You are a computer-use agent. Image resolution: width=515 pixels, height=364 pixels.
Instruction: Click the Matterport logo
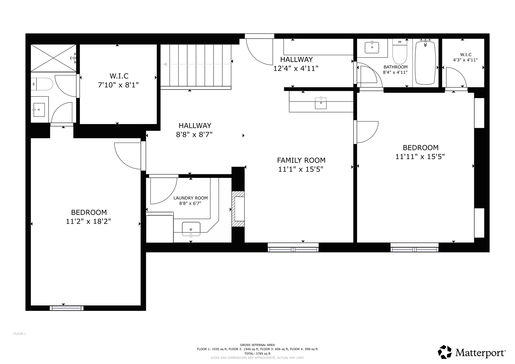click(x=472, y=352)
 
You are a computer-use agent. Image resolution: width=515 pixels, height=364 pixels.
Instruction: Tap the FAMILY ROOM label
click(x=301, y=160)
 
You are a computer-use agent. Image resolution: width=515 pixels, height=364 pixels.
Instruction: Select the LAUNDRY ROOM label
click(x=190, y=198)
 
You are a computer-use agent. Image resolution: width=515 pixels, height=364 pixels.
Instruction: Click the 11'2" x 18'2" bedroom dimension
click(x=89, y=221)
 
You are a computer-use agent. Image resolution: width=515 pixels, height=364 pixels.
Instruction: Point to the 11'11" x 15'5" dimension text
click(x=420, y=157)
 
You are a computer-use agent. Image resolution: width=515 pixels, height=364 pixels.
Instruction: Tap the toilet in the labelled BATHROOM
click(x=400, y=51)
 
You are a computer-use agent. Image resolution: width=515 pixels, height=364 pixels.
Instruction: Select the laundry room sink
click(x=191, y=229)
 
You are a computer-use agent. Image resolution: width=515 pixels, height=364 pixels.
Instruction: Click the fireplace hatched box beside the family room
click(x=238, y=209)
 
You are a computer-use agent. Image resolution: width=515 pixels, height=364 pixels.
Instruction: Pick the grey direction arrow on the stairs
click(x=198, y=64)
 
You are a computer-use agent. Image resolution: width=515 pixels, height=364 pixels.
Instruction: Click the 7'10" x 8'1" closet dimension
click(x=118, y=85)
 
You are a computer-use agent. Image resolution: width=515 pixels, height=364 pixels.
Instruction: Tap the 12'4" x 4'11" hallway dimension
click(x=296, y=68)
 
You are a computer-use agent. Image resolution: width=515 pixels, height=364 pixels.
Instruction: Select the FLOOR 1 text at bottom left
click(x=20, y=334)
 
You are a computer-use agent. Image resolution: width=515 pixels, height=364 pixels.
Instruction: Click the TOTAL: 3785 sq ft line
click(x=257, y=354)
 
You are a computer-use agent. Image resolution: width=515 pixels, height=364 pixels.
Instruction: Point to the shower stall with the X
click(x=53, y=58)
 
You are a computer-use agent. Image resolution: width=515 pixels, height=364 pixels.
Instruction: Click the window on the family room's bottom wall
click(x=293, y=248)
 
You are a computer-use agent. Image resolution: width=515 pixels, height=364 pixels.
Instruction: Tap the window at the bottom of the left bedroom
click(x=67, y=308)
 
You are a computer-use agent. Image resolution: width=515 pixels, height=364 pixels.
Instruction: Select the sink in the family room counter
click(x=321, y=103)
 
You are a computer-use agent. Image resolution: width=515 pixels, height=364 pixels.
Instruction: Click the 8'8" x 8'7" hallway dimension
click(x=194, y=135)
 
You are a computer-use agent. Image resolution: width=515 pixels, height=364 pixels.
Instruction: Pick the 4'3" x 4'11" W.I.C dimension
click(x=465, y=60)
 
